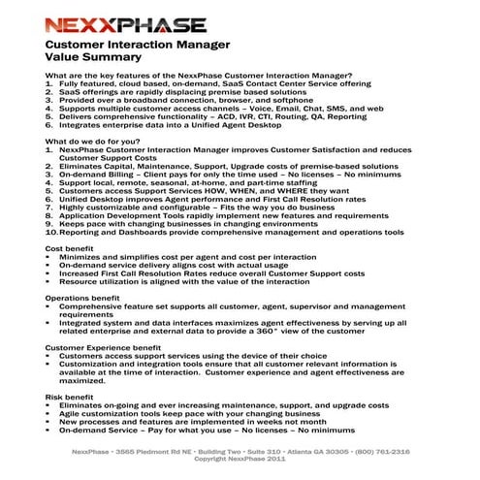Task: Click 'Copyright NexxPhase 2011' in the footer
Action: (x=240, y=460)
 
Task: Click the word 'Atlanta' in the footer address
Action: (x=297, y=451)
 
